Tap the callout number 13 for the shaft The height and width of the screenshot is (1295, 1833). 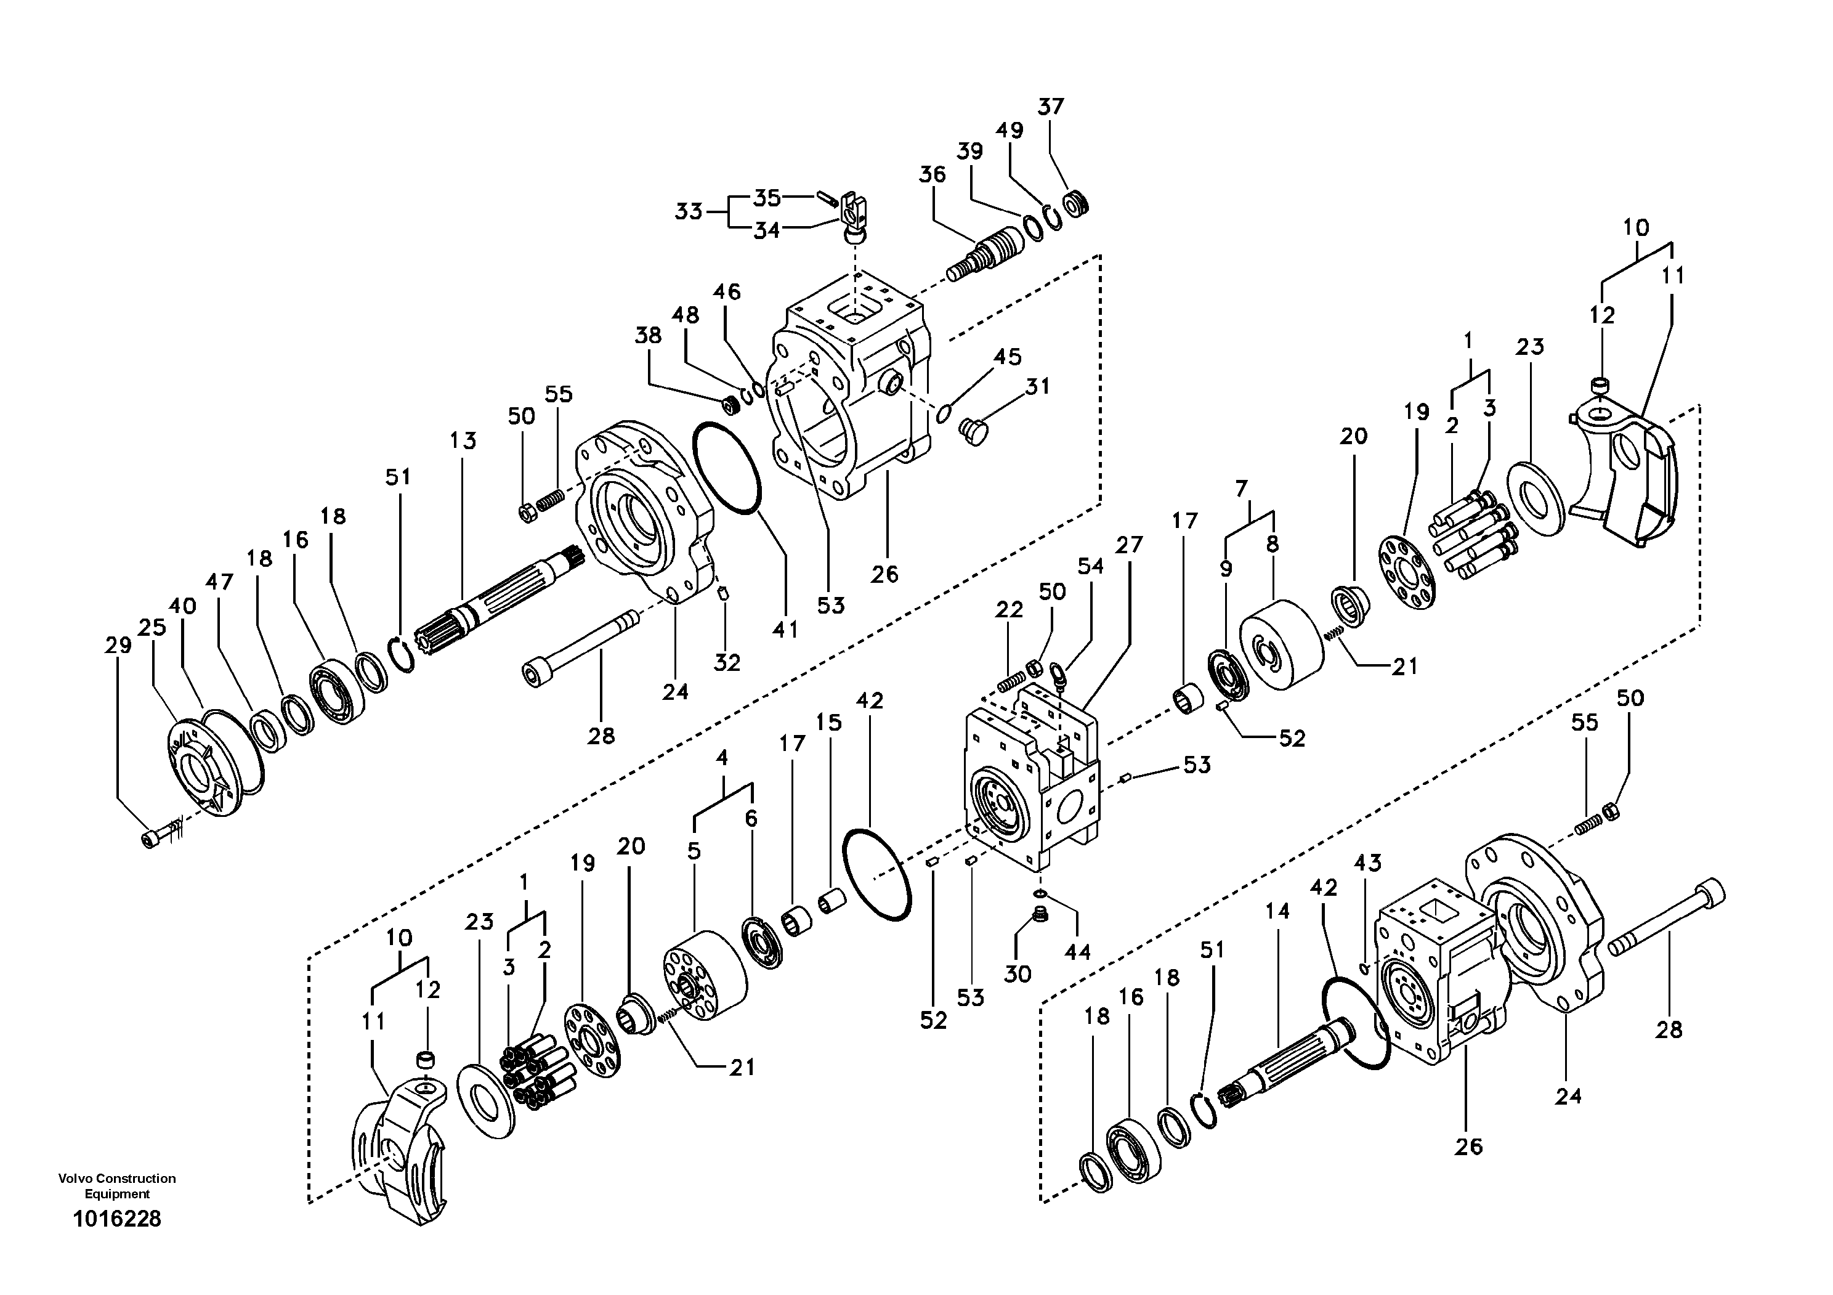(463, 440)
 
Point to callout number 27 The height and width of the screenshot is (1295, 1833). (1130, 545)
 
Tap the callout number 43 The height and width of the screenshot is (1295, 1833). (1367, 863)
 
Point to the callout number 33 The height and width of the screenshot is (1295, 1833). (688, 211)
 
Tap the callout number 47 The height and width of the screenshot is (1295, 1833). (219, 582)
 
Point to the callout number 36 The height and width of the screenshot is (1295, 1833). (932, 174)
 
